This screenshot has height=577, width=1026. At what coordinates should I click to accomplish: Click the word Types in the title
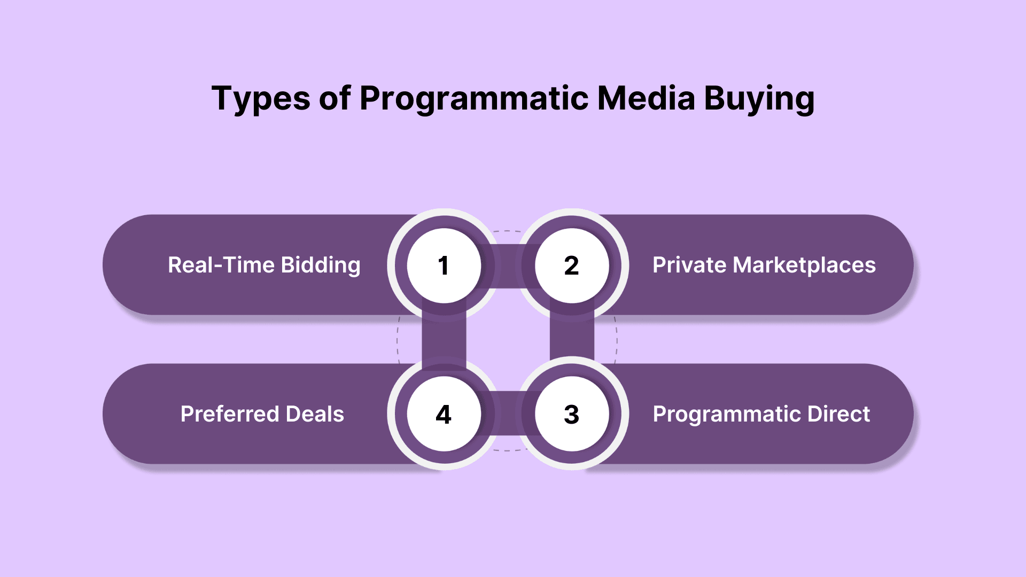[x=261, y=99]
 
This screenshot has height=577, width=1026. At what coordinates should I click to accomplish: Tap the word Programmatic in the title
[x=474, y=99]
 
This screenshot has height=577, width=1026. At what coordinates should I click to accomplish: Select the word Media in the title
[x=646, y=98]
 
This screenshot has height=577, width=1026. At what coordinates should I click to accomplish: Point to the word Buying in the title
[x=759, y=99]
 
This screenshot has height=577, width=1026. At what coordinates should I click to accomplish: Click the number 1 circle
[x=444, y=266]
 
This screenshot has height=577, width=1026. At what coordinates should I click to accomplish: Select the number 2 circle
[x=572, y=266]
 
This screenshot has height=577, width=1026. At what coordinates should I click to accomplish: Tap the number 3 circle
[x=572, y=414]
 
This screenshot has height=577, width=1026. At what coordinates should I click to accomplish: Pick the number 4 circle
[x=444, y=414]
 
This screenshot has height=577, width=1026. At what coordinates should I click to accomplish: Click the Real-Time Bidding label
[x=264, y=266]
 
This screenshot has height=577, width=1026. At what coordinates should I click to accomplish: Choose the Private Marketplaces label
[x=764, y=266]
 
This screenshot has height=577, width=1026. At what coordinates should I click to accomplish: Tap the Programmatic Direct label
[x=761, y=415]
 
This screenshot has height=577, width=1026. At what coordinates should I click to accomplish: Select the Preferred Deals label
[x=262, y=415]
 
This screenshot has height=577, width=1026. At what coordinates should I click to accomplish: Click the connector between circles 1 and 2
[x=508, y=266]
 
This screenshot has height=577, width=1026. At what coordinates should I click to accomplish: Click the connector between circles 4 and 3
[x=508, y=414]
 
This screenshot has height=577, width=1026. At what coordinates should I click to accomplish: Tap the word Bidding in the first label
[x=321, y=266]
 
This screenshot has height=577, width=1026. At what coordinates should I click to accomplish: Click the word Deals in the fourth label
[x=315, y=415]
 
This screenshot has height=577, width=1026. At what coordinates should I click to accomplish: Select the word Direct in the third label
[x=838, y=415]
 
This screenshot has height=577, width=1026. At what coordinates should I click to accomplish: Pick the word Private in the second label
[x=689, y=266]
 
